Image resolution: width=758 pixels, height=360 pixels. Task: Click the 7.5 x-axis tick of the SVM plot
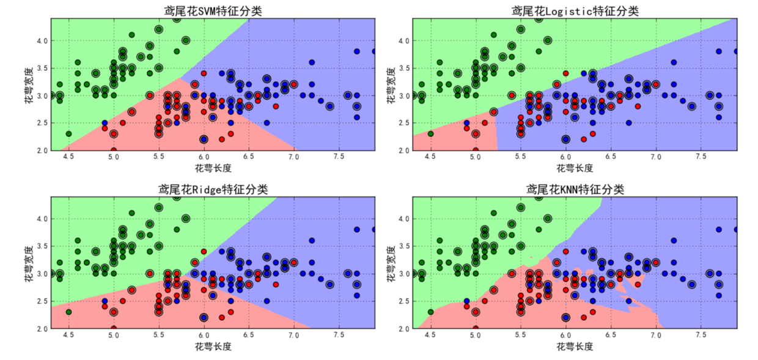coord(339,156)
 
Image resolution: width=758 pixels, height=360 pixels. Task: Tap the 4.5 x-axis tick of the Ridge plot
coord(68,335)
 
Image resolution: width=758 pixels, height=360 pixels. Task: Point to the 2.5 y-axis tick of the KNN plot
coord(402,301)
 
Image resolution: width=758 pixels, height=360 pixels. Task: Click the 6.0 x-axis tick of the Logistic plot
coord(565,156)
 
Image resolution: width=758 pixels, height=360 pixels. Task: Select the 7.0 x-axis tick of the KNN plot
coord(656,335)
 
